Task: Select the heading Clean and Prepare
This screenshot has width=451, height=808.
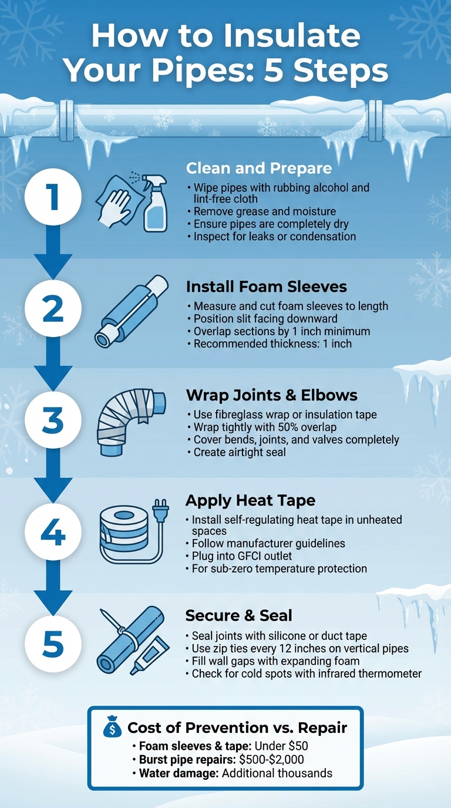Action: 259,169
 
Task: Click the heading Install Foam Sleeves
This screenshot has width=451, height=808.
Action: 266,287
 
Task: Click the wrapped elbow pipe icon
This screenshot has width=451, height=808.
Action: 132,420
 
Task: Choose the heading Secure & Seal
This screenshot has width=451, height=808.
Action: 238,615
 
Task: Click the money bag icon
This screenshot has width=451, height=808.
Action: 112,729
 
